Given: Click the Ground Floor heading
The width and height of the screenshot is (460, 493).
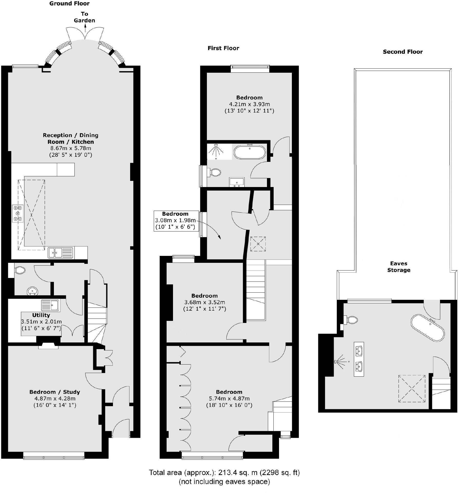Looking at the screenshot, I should (69, 4).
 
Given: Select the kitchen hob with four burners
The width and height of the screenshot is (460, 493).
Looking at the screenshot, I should (18, 213).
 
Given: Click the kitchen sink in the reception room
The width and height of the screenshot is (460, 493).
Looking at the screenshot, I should (61, 252).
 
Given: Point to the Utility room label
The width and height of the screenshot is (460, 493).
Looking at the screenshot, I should (41, 315).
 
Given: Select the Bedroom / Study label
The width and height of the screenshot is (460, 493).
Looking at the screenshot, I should (55, 392).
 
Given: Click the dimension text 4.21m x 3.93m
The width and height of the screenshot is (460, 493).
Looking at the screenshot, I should (249, 104).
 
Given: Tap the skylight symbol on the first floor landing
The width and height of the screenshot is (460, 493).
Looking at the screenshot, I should (258, 244).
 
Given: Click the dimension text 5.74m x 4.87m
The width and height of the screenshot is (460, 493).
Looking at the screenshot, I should (229, 399).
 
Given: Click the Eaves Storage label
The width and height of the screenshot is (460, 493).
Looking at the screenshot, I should (399, 267).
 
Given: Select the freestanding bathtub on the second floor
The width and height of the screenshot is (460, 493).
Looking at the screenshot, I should (427, 328).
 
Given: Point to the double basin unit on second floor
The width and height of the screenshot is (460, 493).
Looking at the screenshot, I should (359, 359).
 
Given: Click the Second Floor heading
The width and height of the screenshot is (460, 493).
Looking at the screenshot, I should (402, 52).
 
